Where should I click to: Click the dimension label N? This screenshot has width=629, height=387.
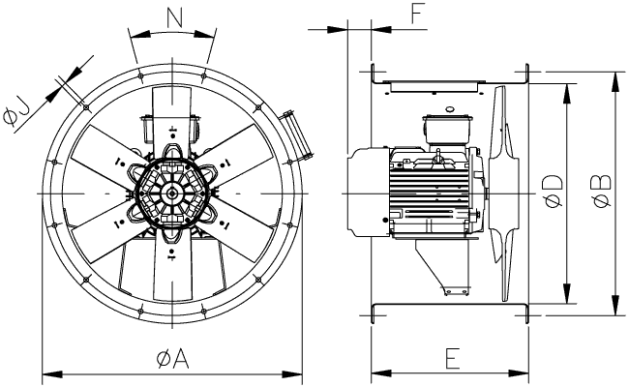(x=173, y=17)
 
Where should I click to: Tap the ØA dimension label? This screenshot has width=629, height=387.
(x=170, y=359)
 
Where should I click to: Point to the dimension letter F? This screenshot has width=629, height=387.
(x=390, y=14)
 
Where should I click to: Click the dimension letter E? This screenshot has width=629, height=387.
(x=451, y=358)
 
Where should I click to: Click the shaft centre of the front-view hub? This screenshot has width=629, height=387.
(x=172, y=193)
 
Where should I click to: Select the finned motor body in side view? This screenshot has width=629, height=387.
(x=431, y=194)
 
